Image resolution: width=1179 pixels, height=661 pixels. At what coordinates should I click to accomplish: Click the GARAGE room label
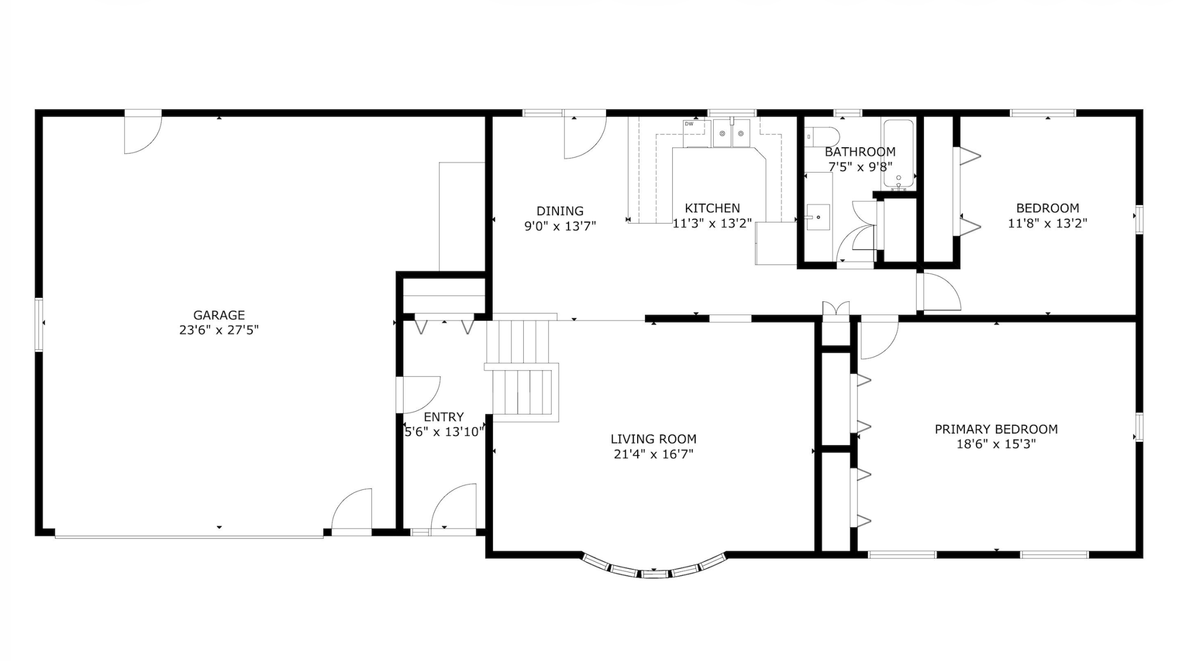tap(219, 315)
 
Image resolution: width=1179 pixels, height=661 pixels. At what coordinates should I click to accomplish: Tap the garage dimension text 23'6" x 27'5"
tap(219, 330)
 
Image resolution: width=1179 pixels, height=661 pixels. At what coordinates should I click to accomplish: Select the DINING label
tap(560, 211)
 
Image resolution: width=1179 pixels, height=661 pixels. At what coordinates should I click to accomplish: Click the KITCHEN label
tap(713, 208)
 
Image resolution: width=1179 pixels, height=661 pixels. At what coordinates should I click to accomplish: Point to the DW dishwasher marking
tap(689, 123)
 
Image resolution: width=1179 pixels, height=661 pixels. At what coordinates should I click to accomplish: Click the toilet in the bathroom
tap(822, 137)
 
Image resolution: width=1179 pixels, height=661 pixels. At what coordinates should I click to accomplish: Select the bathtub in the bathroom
tap(898, 153)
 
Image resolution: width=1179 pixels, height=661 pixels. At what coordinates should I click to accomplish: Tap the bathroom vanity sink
tap(818, 217)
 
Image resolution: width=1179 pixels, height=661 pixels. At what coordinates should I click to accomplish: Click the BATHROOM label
tap(860, 152)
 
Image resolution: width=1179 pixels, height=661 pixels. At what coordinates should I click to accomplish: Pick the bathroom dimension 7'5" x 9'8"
tap(860, 167)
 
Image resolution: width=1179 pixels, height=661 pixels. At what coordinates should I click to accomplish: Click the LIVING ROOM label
tap(654, 439)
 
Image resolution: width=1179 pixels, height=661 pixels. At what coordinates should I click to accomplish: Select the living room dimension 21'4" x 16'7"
tap(654, 454)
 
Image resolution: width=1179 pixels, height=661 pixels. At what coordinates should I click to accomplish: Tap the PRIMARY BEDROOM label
tap(996, 429)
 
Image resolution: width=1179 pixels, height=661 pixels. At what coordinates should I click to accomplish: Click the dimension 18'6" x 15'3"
tap(996, 444)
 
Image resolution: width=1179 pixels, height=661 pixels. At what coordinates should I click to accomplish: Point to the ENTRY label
tap(443, 417)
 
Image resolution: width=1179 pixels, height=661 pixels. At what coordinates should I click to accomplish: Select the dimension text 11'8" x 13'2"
tap(1047, 223)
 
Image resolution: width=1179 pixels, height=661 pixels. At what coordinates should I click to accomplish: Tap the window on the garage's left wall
tap(39, 325)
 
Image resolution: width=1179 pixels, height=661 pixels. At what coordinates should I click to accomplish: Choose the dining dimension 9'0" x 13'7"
tap(560, 226)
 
